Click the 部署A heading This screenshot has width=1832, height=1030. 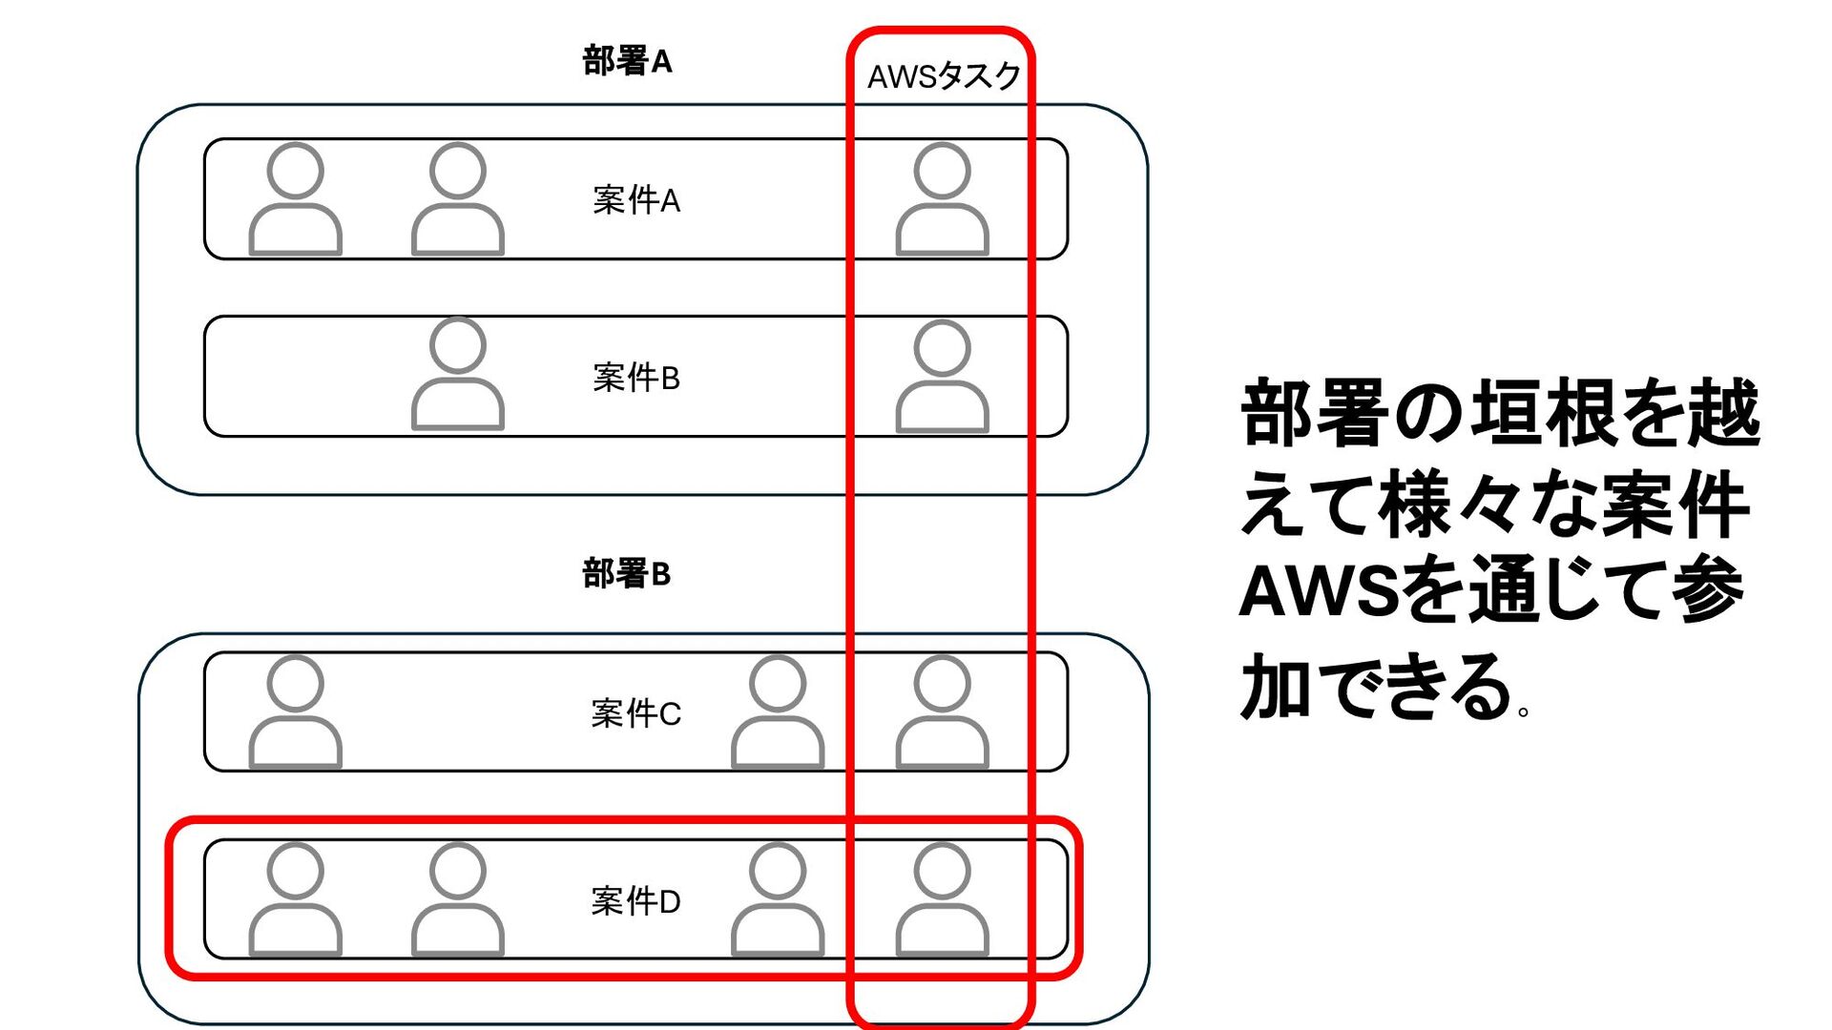pyautogui.click(x=627, y=62)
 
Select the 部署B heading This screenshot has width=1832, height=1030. pyautogui.click(x=627, y=574)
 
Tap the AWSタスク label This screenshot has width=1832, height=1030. pyautogui.click(x=944, y=76)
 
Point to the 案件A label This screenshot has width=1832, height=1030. pyautogui.click(x=636, y=200)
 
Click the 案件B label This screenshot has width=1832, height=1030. pyautogui.click(x=636, y=378)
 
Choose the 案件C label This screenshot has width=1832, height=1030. pyautogui.click(x=636, y=713)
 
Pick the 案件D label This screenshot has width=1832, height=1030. pyautogui.click(x=636, y=901)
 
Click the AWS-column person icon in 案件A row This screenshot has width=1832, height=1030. pyautogui.click(x=943, y=199)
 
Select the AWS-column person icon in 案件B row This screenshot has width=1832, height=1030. pyautogui.click(x=943, y=377)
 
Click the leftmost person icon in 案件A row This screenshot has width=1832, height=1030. pyautogui.click(x=296, y=199)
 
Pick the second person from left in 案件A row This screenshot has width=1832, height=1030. pyautogui.click(x=458, y=199)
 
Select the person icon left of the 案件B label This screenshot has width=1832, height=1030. pyautogui.click(x=458, y=375)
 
